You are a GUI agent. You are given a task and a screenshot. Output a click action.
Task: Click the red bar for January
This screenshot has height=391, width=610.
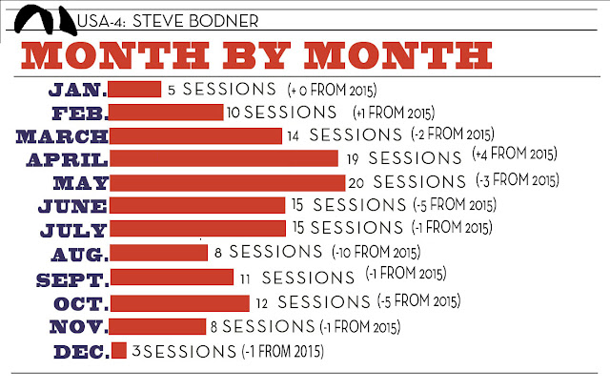[x=134, y=89]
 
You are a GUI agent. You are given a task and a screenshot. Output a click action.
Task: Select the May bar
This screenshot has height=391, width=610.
[x=227, y=183]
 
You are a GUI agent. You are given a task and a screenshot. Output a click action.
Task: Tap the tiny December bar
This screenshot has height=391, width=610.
[x=118, y=350]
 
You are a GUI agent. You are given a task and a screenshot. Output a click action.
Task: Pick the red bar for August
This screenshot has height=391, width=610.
[x=159, y=253]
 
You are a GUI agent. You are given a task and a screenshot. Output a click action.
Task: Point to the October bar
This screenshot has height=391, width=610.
[x=180, y=303]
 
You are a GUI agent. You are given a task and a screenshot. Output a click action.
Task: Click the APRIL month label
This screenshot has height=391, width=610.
[x=67, y=160]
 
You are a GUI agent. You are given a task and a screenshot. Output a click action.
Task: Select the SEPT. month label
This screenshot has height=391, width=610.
[x=72, y=280]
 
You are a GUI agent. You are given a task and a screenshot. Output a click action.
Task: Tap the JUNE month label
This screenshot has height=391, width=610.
[x=72, y=206]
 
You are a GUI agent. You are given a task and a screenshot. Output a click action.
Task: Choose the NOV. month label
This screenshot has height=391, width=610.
[x=78, y=327]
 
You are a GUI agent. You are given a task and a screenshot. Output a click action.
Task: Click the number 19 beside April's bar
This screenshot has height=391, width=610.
[x=353, y=159]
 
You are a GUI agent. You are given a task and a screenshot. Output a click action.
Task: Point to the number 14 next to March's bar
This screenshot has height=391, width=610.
[x=293, y=136]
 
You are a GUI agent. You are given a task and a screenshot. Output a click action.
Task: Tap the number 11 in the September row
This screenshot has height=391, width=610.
[x=245, y=279]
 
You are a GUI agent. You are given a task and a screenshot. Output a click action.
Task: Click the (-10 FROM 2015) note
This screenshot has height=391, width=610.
[x=376, y=252]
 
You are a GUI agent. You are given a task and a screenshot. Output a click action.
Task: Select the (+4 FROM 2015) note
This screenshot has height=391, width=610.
[x=515, y=154]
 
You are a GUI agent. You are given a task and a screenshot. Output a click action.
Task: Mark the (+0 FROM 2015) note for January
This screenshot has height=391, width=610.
[x=332, y=90]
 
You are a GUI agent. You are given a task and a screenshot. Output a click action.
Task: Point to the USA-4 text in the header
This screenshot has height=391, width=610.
[x=101, y=21]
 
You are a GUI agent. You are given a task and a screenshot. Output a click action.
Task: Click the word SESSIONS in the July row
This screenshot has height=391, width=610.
[x=356, y=228]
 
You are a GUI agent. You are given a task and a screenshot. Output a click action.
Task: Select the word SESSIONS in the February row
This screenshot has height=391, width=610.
[x=290, y=112]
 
